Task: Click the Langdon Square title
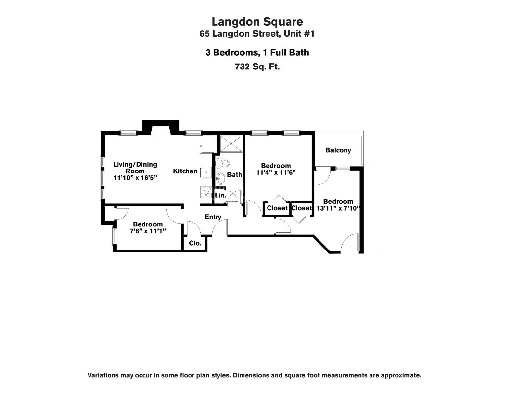pos(257,22)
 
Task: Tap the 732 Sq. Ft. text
pos(257,66)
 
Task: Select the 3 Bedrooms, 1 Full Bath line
pos(257,53)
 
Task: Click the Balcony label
pos(338,150)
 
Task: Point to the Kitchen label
pos(185,171)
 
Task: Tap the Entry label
pos(213,217)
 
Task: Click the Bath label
pos(234,175)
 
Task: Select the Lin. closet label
pos(220,195)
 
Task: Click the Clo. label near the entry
pos(195,243)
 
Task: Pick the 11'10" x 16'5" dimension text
pos(135,178)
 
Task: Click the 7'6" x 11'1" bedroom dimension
pos(148,231)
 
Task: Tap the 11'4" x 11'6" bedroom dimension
pos(276,172)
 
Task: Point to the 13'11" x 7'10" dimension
pos(338,208)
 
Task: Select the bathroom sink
pos(220,179)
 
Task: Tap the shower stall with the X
pos(231,144)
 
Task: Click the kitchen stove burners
pos(206,192)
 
